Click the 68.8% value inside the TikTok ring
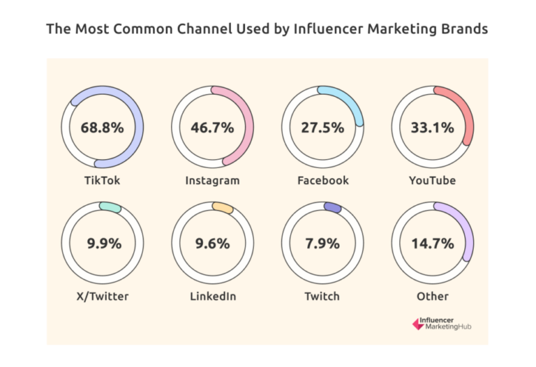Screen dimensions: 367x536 tap(102, 128)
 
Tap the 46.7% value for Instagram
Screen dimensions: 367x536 tap(212, 128)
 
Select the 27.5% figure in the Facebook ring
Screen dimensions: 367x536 tap(322, 128)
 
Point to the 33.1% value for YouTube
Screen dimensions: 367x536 tap(432, 128)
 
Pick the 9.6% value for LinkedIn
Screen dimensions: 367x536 tap(212, 244)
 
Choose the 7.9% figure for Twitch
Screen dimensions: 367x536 tap(322, 244)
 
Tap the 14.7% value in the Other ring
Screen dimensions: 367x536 tap(432, 244)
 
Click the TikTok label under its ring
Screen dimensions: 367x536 tap(102, 181)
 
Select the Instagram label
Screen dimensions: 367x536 tap(212, 181)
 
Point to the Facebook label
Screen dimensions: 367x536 tap(322, 181)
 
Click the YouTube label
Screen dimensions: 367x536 tap(432, 181)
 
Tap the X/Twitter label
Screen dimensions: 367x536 tap(102, 297)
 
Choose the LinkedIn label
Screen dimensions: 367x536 tap(212, 297)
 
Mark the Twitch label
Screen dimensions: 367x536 tap(322, 297)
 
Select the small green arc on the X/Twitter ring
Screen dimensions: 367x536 tap(110, 207)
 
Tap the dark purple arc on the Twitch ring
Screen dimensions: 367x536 tap(332, 208)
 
